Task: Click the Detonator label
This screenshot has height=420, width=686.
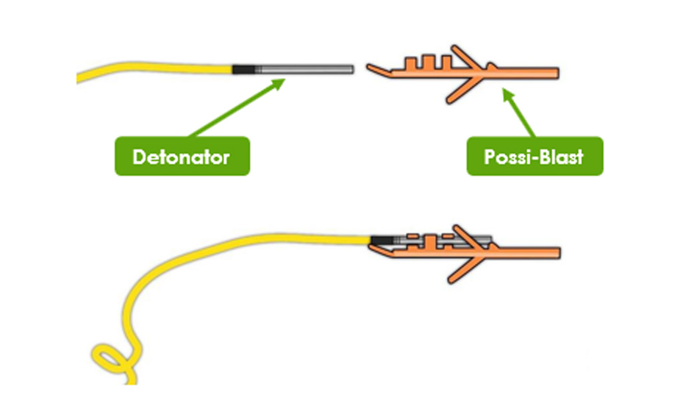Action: click(x=182, y=156)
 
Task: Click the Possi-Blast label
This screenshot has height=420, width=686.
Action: click(x=535, y=156)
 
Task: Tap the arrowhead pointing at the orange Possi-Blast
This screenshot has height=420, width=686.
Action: click(x=506, y=93)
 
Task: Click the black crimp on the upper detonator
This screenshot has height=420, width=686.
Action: click(x=243, y=69)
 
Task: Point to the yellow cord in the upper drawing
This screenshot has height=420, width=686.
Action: click(x=154, y=68)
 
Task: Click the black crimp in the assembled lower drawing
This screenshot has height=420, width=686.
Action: click(x=379, y=240)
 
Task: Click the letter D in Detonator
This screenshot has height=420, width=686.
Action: click(x=137, y=157)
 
